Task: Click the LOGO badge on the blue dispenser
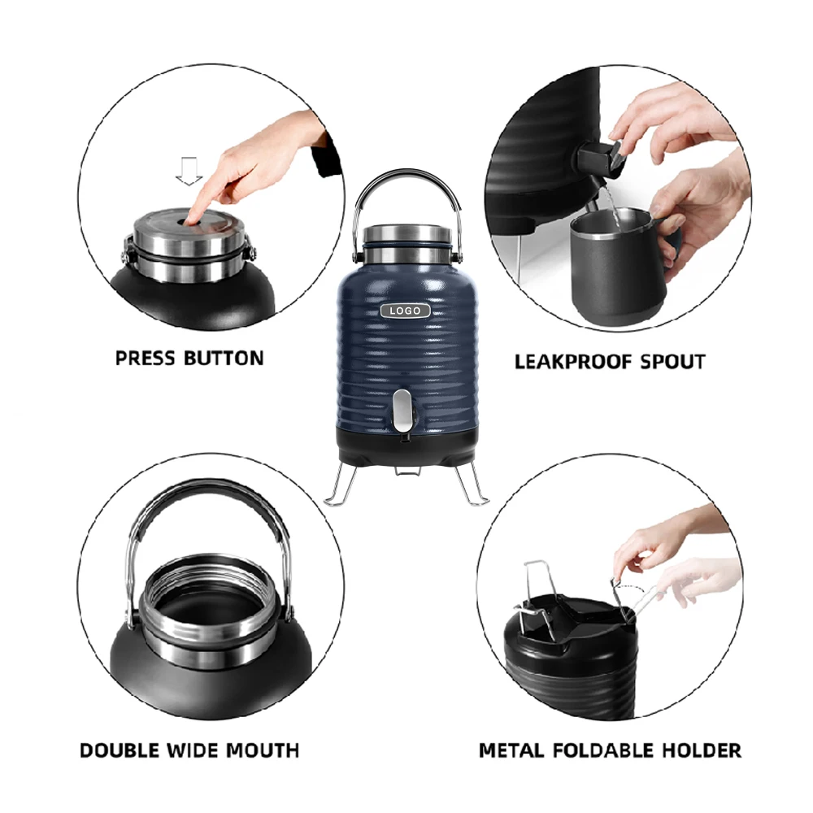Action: [x=405, y=311]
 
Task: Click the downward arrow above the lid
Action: [x=189, y=171]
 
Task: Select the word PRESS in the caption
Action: [x=145, y=359]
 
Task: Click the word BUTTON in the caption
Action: [x=224, y=359]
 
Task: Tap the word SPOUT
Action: [x=672, y=362]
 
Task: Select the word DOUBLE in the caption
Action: [x=119, y=750]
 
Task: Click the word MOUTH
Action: [x=263, y=750]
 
